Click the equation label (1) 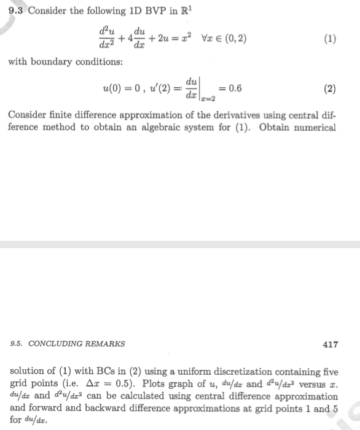coord(330,39)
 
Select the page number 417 coord(330,344)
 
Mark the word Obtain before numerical coord(278,128)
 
